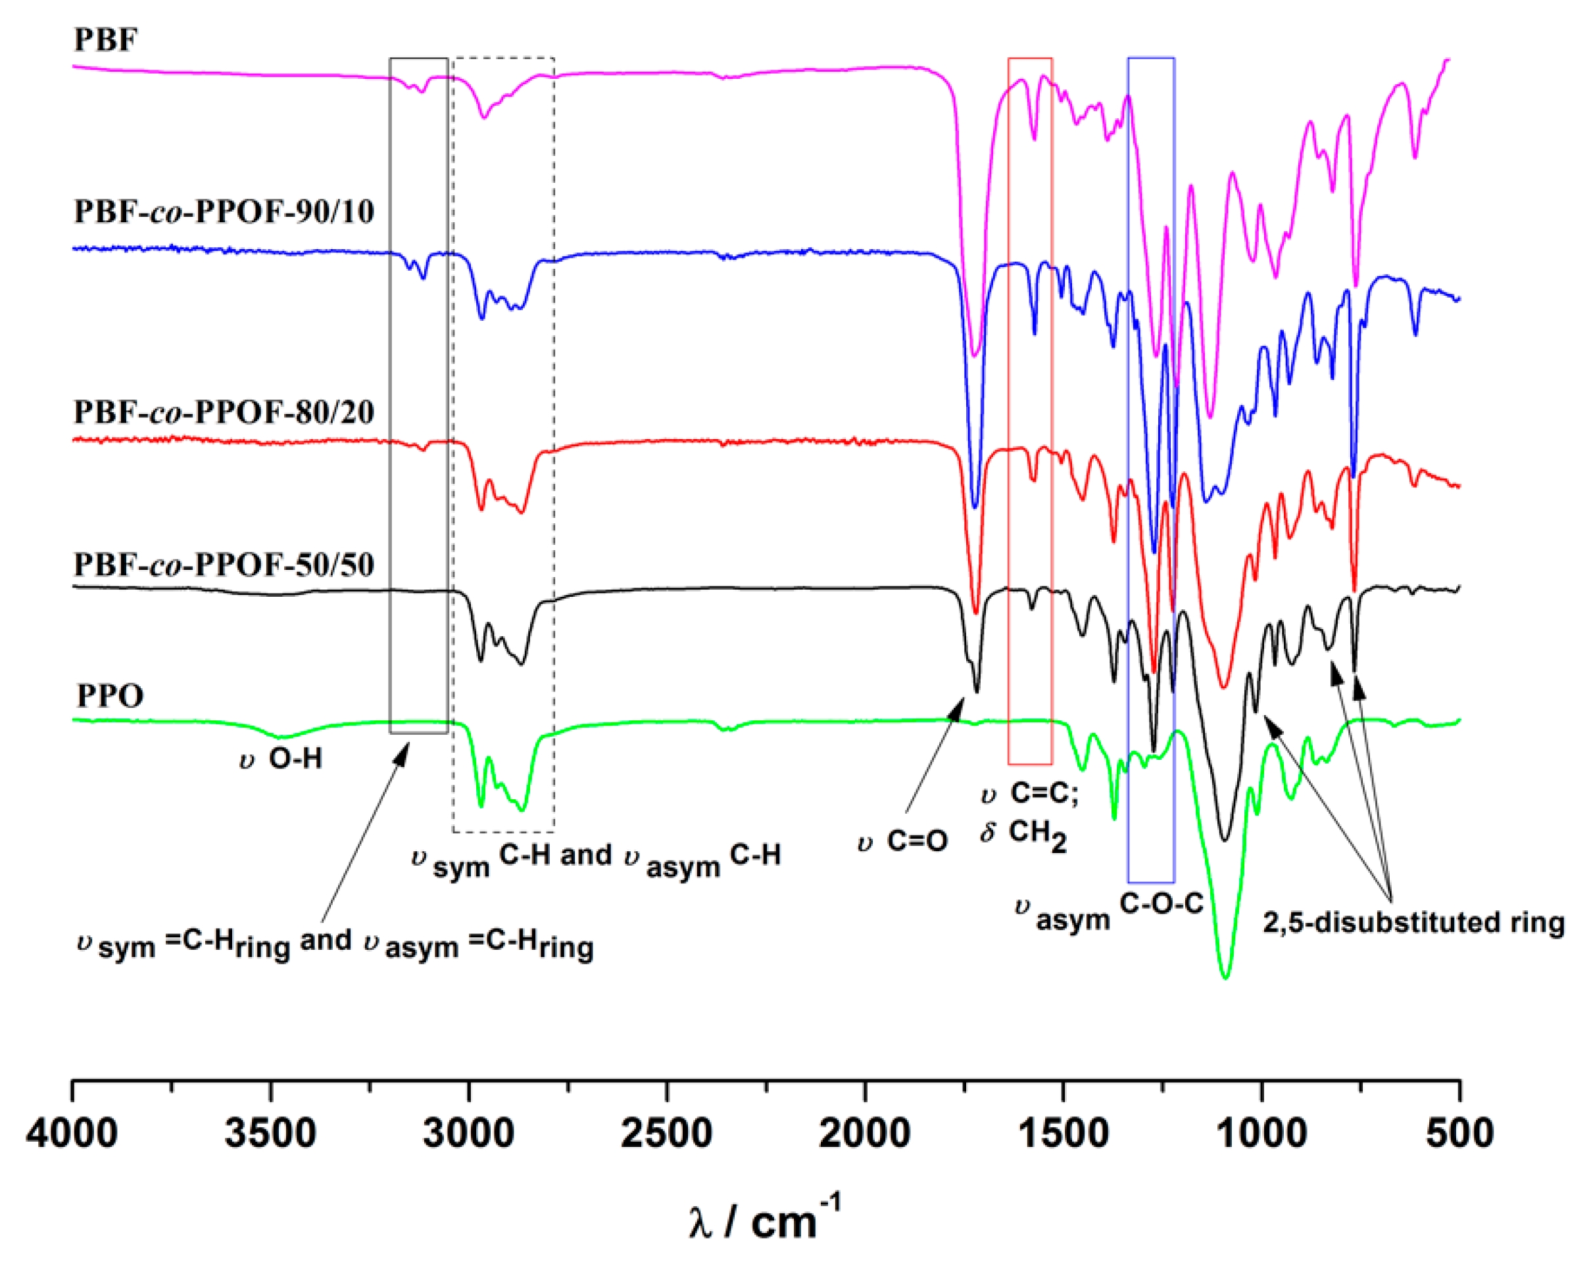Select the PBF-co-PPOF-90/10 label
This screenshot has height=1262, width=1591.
[224, 212]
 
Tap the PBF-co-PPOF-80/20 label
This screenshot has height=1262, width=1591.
[224, 412]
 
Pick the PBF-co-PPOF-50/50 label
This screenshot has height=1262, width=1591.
[224, 565]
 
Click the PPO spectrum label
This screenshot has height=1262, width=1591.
[110, 695]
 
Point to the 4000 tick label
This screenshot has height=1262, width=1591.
[72, 1133]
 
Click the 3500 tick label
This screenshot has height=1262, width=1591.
[270, 1133]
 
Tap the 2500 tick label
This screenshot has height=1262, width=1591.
[666, 1133]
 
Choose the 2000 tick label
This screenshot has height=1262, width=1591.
[865, 1133]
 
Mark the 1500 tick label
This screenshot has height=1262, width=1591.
[1063, 1133]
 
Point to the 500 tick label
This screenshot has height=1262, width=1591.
[1459, 1133]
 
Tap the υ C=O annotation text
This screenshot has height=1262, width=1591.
[902, 841]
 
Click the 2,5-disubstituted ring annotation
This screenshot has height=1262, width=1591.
[1413, 923]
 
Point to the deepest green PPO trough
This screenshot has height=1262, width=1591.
[1226, 977]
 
